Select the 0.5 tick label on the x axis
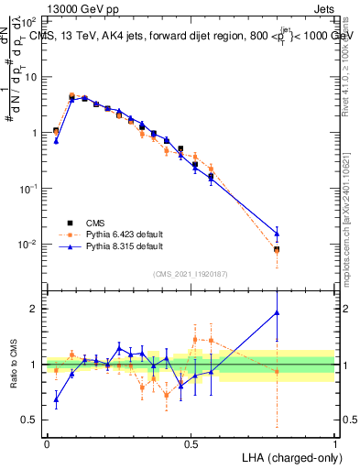pyautogui.click(x=191, y=442)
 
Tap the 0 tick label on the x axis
pyautogui.click(x=47, y=442)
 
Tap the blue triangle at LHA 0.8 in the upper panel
pyautogui.click(x=277, y=234)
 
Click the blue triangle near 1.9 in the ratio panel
pyautogui.click(x=277, y=312)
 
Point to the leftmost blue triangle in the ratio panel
pyautogui.click(x=56, y=399)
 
